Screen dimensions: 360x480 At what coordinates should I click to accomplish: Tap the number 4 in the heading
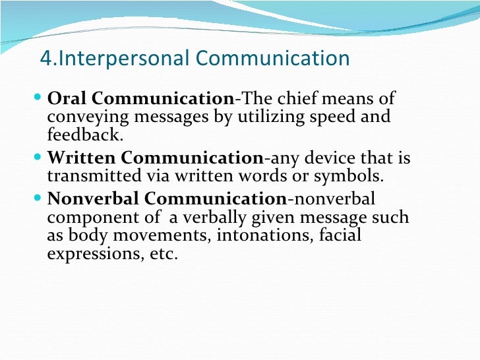pos(45,59)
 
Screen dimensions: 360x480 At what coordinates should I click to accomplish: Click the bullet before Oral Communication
pos(37,99)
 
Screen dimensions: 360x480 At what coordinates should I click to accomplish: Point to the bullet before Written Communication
pos(37,159)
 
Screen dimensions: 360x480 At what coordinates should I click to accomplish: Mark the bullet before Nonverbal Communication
pos(37,198)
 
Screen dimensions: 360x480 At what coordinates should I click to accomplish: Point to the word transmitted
pos(90,177)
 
